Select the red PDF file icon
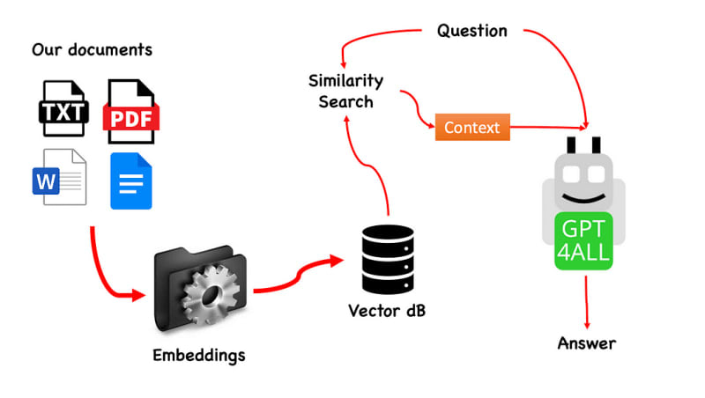coord(130,112)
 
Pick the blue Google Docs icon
coord(131,181)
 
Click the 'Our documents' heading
coord(92,49)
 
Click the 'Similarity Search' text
coord(346,91)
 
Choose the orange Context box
coord(472,128)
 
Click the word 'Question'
coord(472,31)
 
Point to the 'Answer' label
coord(587,343)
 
